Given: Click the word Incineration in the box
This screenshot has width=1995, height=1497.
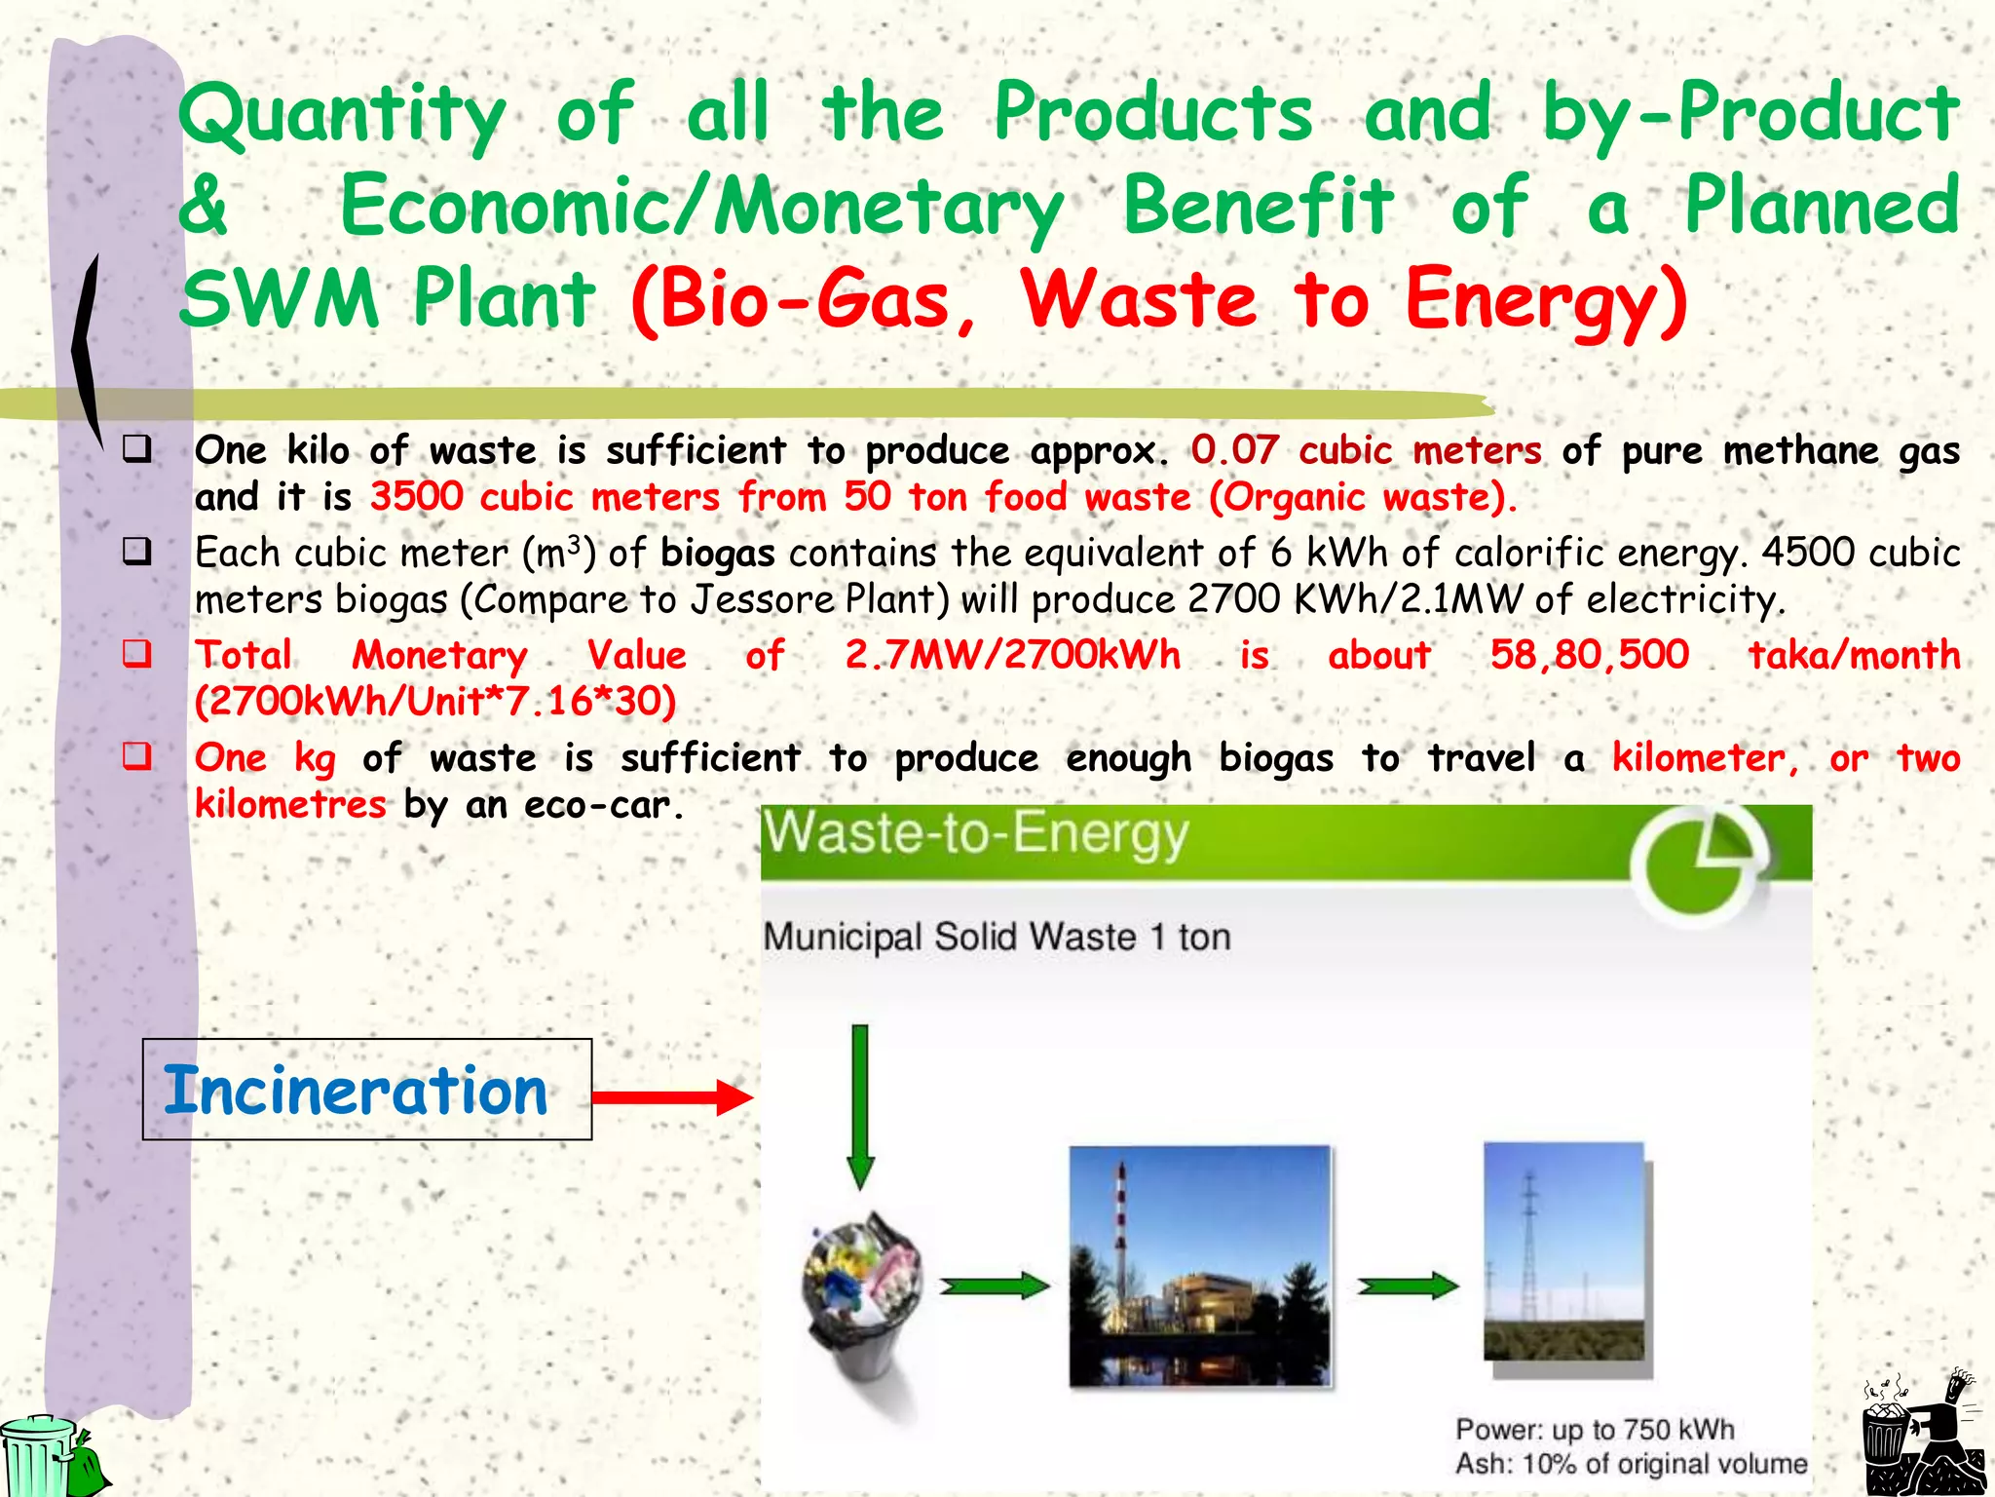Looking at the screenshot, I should click(357, 1091).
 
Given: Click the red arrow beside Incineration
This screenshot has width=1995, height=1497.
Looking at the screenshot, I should click(672, 1097).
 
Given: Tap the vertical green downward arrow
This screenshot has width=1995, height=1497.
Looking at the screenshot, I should click(860, 1106).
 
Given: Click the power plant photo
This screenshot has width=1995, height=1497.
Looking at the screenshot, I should click(1199, 1265).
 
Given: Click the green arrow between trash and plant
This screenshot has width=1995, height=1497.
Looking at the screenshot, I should click(995, 1286).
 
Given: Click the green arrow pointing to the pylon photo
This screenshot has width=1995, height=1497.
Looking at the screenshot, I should click(1408, 1286).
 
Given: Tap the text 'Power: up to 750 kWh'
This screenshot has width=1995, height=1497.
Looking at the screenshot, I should click(1595, 1429).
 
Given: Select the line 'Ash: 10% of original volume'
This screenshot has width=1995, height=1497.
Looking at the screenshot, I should click(1631, 1463).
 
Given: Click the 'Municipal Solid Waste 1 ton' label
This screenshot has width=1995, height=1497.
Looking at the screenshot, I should click(997, 937).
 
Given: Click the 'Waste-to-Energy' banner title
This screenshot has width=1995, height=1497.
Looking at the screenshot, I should click(975, 834).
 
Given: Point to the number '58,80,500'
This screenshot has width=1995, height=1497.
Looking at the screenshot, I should click(1589, 654).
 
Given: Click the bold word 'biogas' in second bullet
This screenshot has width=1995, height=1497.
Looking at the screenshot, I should click(717, 554).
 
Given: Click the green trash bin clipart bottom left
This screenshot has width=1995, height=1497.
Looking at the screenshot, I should click(49, 1456).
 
